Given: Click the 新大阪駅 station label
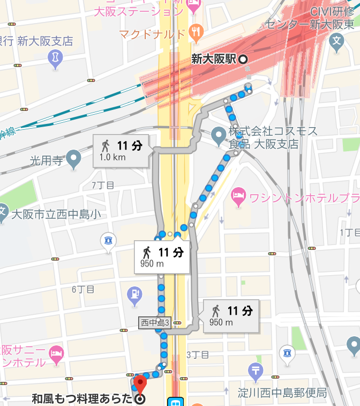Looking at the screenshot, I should click(x=213, y=60).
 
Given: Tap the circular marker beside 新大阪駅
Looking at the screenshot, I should click(x=243, y=60).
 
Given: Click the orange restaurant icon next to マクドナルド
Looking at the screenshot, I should click(x=197, y=33).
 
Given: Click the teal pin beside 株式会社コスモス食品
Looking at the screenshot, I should click(x=218, y=135).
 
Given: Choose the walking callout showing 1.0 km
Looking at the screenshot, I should click(x=121, y=151).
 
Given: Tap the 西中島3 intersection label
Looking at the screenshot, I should click(x=155, y=323).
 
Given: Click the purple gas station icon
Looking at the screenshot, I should click(x=134, y=294).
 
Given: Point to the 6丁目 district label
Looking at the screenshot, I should click(x=83, y=290).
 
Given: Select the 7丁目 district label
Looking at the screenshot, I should click(x=103, y=186).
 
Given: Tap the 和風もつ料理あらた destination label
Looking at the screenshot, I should click(x=81, y=399).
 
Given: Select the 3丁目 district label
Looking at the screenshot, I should click(x=197, y=355).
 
